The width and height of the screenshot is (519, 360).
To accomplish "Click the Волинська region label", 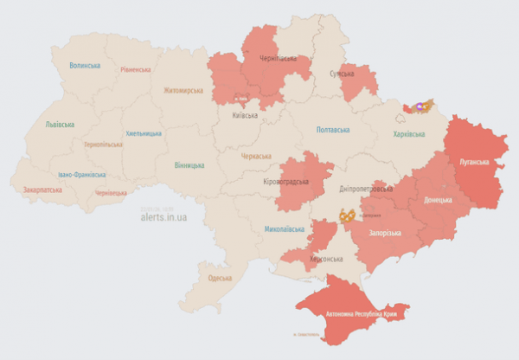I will [x=85, y=66].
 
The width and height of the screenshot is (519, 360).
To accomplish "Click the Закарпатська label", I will [x=42, y=188].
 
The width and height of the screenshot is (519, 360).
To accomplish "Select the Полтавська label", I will [x=333, y=130].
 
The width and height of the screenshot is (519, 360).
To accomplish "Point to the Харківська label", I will [x=409, y=134].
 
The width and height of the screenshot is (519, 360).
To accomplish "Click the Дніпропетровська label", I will [x=366, y=189].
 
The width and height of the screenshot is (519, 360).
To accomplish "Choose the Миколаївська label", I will [x=285, y=229].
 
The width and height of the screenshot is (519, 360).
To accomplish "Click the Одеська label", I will [x=220, y=278].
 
